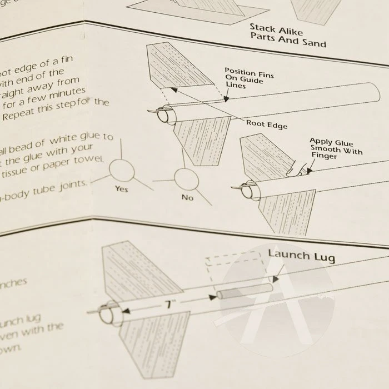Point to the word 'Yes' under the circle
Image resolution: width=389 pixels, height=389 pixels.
pyautogui.click(x=121, y=188)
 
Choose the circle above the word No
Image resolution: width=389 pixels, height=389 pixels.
pyautogui.click(x=185, y=179)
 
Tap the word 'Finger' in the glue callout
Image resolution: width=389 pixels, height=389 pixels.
pyautogui.click(x=323, y=157)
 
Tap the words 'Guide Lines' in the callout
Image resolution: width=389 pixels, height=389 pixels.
pyautogui.click(x=236, y=83)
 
